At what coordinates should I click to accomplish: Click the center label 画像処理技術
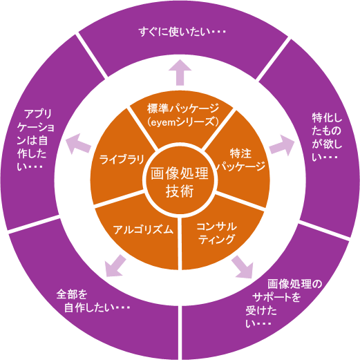(x=180, y=182)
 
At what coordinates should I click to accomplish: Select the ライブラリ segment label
(x=122, y=159)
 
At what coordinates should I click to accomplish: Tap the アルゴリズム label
(x=143, y=229)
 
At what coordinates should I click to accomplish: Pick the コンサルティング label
(x=216, y=234)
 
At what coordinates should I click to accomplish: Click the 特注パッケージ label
(x=241, y=160)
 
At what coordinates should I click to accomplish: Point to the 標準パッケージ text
(x=183, y=108)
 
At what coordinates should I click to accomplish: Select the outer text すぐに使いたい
(x=182, y=32)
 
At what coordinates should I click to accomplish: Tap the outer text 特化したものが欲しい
(x=327, y=137)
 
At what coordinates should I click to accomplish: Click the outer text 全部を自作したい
(x=93, y=301)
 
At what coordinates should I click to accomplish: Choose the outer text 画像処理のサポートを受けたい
(x=283, y=303)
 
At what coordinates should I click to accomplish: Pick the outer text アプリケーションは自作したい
(x=35, y=140)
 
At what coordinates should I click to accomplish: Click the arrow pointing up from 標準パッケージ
(x=180, y=73)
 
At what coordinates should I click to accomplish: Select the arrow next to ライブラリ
(x=78, y=144)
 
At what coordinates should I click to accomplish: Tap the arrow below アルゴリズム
(x=115, y=266)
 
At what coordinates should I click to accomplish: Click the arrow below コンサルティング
(x=243, y=267)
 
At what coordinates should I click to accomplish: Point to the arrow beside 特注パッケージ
(x=282, y=145)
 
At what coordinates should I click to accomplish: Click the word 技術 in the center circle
(x=180, y=191)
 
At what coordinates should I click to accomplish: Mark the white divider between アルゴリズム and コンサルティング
(x=180, y=244)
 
